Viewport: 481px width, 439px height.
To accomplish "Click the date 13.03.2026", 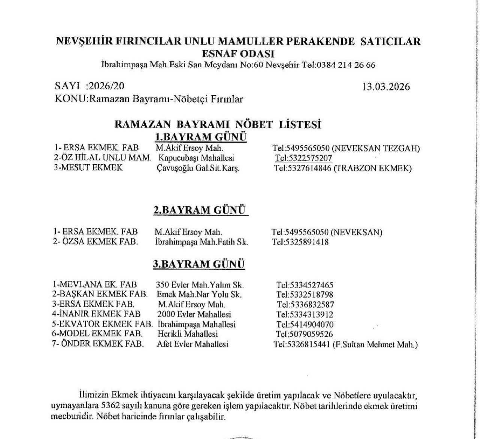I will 386,87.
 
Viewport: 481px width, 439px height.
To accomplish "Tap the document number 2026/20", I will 106,86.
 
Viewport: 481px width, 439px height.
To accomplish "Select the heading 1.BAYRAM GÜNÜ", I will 201,136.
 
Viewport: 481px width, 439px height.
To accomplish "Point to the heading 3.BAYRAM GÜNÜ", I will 199,264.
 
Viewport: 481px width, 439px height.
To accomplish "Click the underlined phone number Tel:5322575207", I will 303,158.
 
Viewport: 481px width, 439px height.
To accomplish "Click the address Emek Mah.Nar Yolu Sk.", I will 199,295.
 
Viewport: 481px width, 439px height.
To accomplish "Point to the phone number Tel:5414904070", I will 305,324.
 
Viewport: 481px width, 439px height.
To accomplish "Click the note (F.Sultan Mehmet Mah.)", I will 375,344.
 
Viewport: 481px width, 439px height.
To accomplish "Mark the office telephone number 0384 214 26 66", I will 346,65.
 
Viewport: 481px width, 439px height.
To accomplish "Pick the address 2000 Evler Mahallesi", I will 194,314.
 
